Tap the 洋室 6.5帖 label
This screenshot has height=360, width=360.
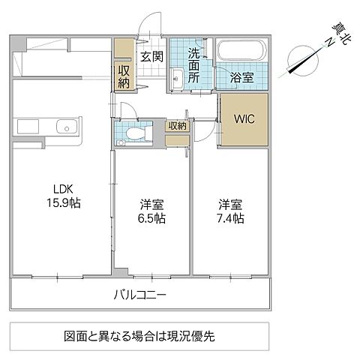tap(151, 211)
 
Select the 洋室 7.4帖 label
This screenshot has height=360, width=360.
tap(230, 211)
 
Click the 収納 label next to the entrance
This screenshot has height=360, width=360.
tap(124, 78)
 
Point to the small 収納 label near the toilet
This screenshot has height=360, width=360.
tap(178, 126)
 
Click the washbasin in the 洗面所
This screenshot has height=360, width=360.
tap(178, 77)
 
